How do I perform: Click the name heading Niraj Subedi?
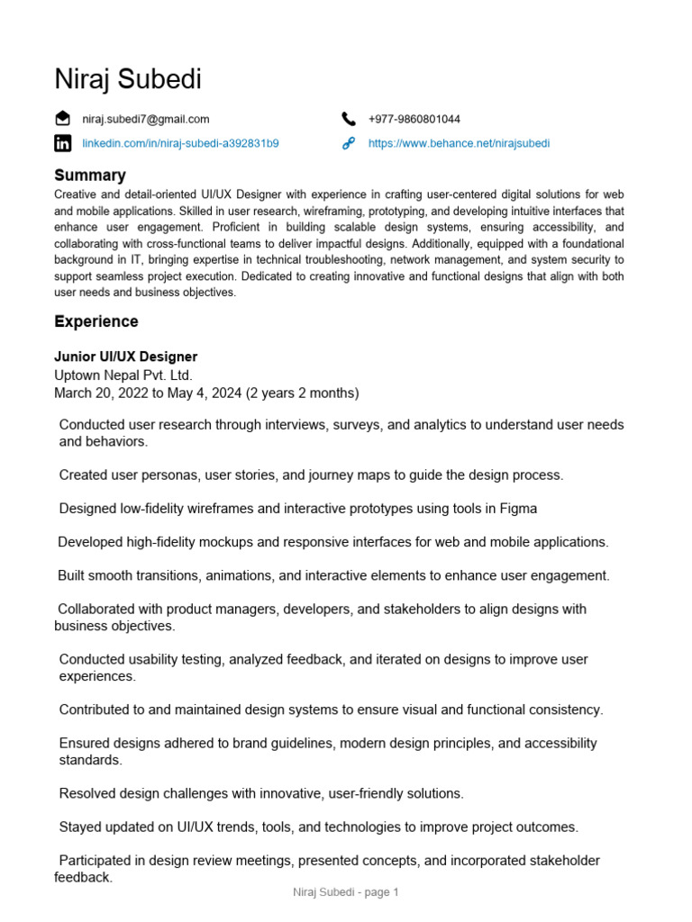pos(128,79)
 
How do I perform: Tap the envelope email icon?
pos(62,119)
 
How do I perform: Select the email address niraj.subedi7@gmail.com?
pos(146,119)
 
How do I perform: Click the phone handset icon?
pos(349,119)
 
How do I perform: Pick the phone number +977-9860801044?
pos(414,119)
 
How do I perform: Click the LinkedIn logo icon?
pos(62,143)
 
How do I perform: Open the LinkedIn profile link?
pos(180,143)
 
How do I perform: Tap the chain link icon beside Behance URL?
pos(349,143)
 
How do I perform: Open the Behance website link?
pos(459,143)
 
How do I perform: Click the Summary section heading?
pos(90,175)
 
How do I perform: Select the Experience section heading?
pos(96,321)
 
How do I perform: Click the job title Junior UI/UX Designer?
pos(125,357)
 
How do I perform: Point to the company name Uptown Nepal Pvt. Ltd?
pos(123,375)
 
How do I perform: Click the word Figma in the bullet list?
pos(517,509)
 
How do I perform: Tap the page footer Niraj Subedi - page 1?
pos(346,892)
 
